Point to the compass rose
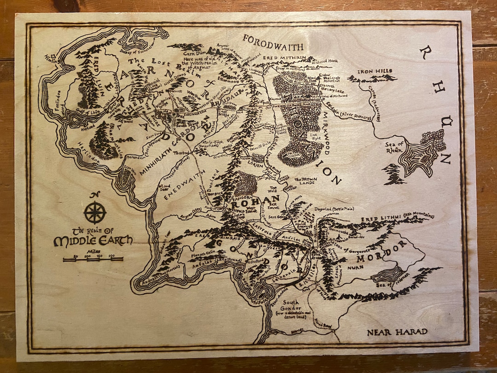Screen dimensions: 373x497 [95, 212]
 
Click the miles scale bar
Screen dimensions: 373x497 [93, 259]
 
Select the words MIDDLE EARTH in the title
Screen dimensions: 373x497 [93, 240]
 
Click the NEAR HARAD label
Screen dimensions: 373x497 [397, 332]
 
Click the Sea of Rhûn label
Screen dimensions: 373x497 [397, 147]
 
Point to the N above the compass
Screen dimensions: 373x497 [95, 194]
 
